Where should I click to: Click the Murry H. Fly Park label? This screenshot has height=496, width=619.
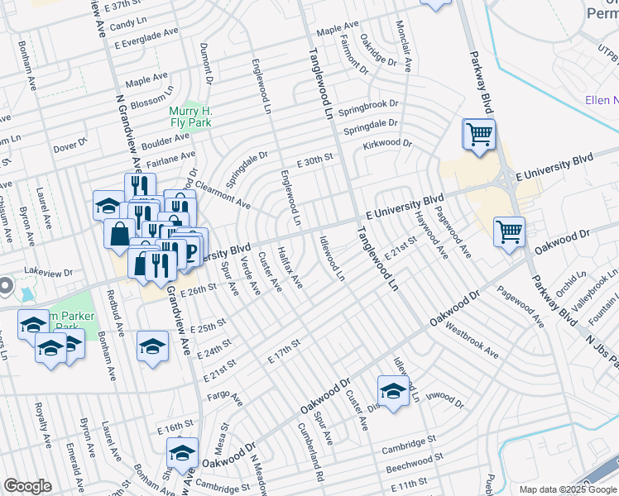pyautogui.click(x=190, y=117)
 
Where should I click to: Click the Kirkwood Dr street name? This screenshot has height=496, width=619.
pyautogui.click(x=386, y=145)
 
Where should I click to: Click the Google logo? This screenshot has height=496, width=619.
pyautogui.click(x=27, y=486)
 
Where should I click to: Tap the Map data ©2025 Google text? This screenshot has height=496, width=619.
pyautogui.click(x=568, y=489)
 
